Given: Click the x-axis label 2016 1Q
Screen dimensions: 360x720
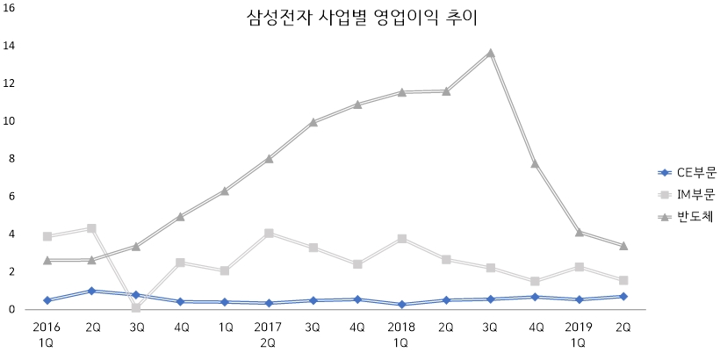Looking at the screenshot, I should (47, 335).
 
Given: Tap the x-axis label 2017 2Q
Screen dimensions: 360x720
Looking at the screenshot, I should (268, 335).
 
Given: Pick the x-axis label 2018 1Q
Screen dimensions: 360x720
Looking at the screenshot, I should (401, 335).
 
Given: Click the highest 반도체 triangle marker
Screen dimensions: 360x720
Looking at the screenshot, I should (490, 53).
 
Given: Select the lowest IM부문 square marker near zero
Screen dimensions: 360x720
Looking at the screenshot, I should (136, 307).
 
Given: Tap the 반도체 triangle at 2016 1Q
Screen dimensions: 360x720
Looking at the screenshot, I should (47, 260).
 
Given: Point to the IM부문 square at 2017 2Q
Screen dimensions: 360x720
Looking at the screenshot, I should (269, 234).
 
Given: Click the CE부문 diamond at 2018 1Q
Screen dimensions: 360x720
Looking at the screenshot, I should (401, 305).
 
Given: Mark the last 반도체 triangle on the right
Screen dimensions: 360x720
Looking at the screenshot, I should (623, 246).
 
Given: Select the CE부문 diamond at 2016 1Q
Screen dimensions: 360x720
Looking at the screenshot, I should (47, 300).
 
